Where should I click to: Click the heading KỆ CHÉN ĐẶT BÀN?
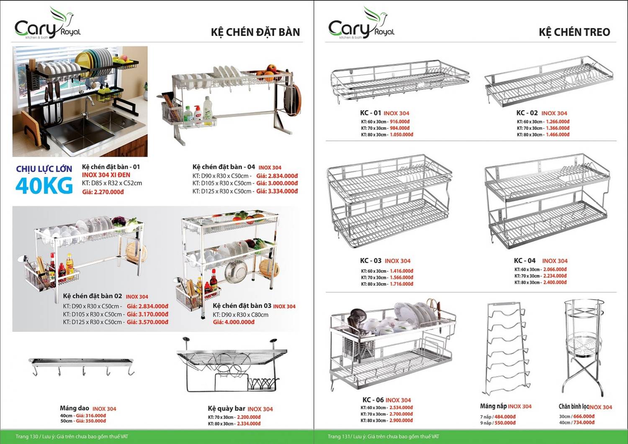[255, 32]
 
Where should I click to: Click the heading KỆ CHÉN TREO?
[574, 32]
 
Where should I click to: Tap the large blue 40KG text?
[44, 186]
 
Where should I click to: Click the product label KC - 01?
[371, 113]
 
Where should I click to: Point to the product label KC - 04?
[525, 261]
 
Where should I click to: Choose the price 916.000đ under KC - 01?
[400, 122]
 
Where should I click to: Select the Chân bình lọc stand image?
[583, 348]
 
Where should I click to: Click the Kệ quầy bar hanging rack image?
[231, 364]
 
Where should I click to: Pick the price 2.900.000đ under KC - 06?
[401, 420]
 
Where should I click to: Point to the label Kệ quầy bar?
[226, 408]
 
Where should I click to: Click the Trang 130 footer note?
[72, 436]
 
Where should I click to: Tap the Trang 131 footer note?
[383, 436]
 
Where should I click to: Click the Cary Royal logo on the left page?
[47, 24]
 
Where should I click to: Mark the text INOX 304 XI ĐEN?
[106, 175]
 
